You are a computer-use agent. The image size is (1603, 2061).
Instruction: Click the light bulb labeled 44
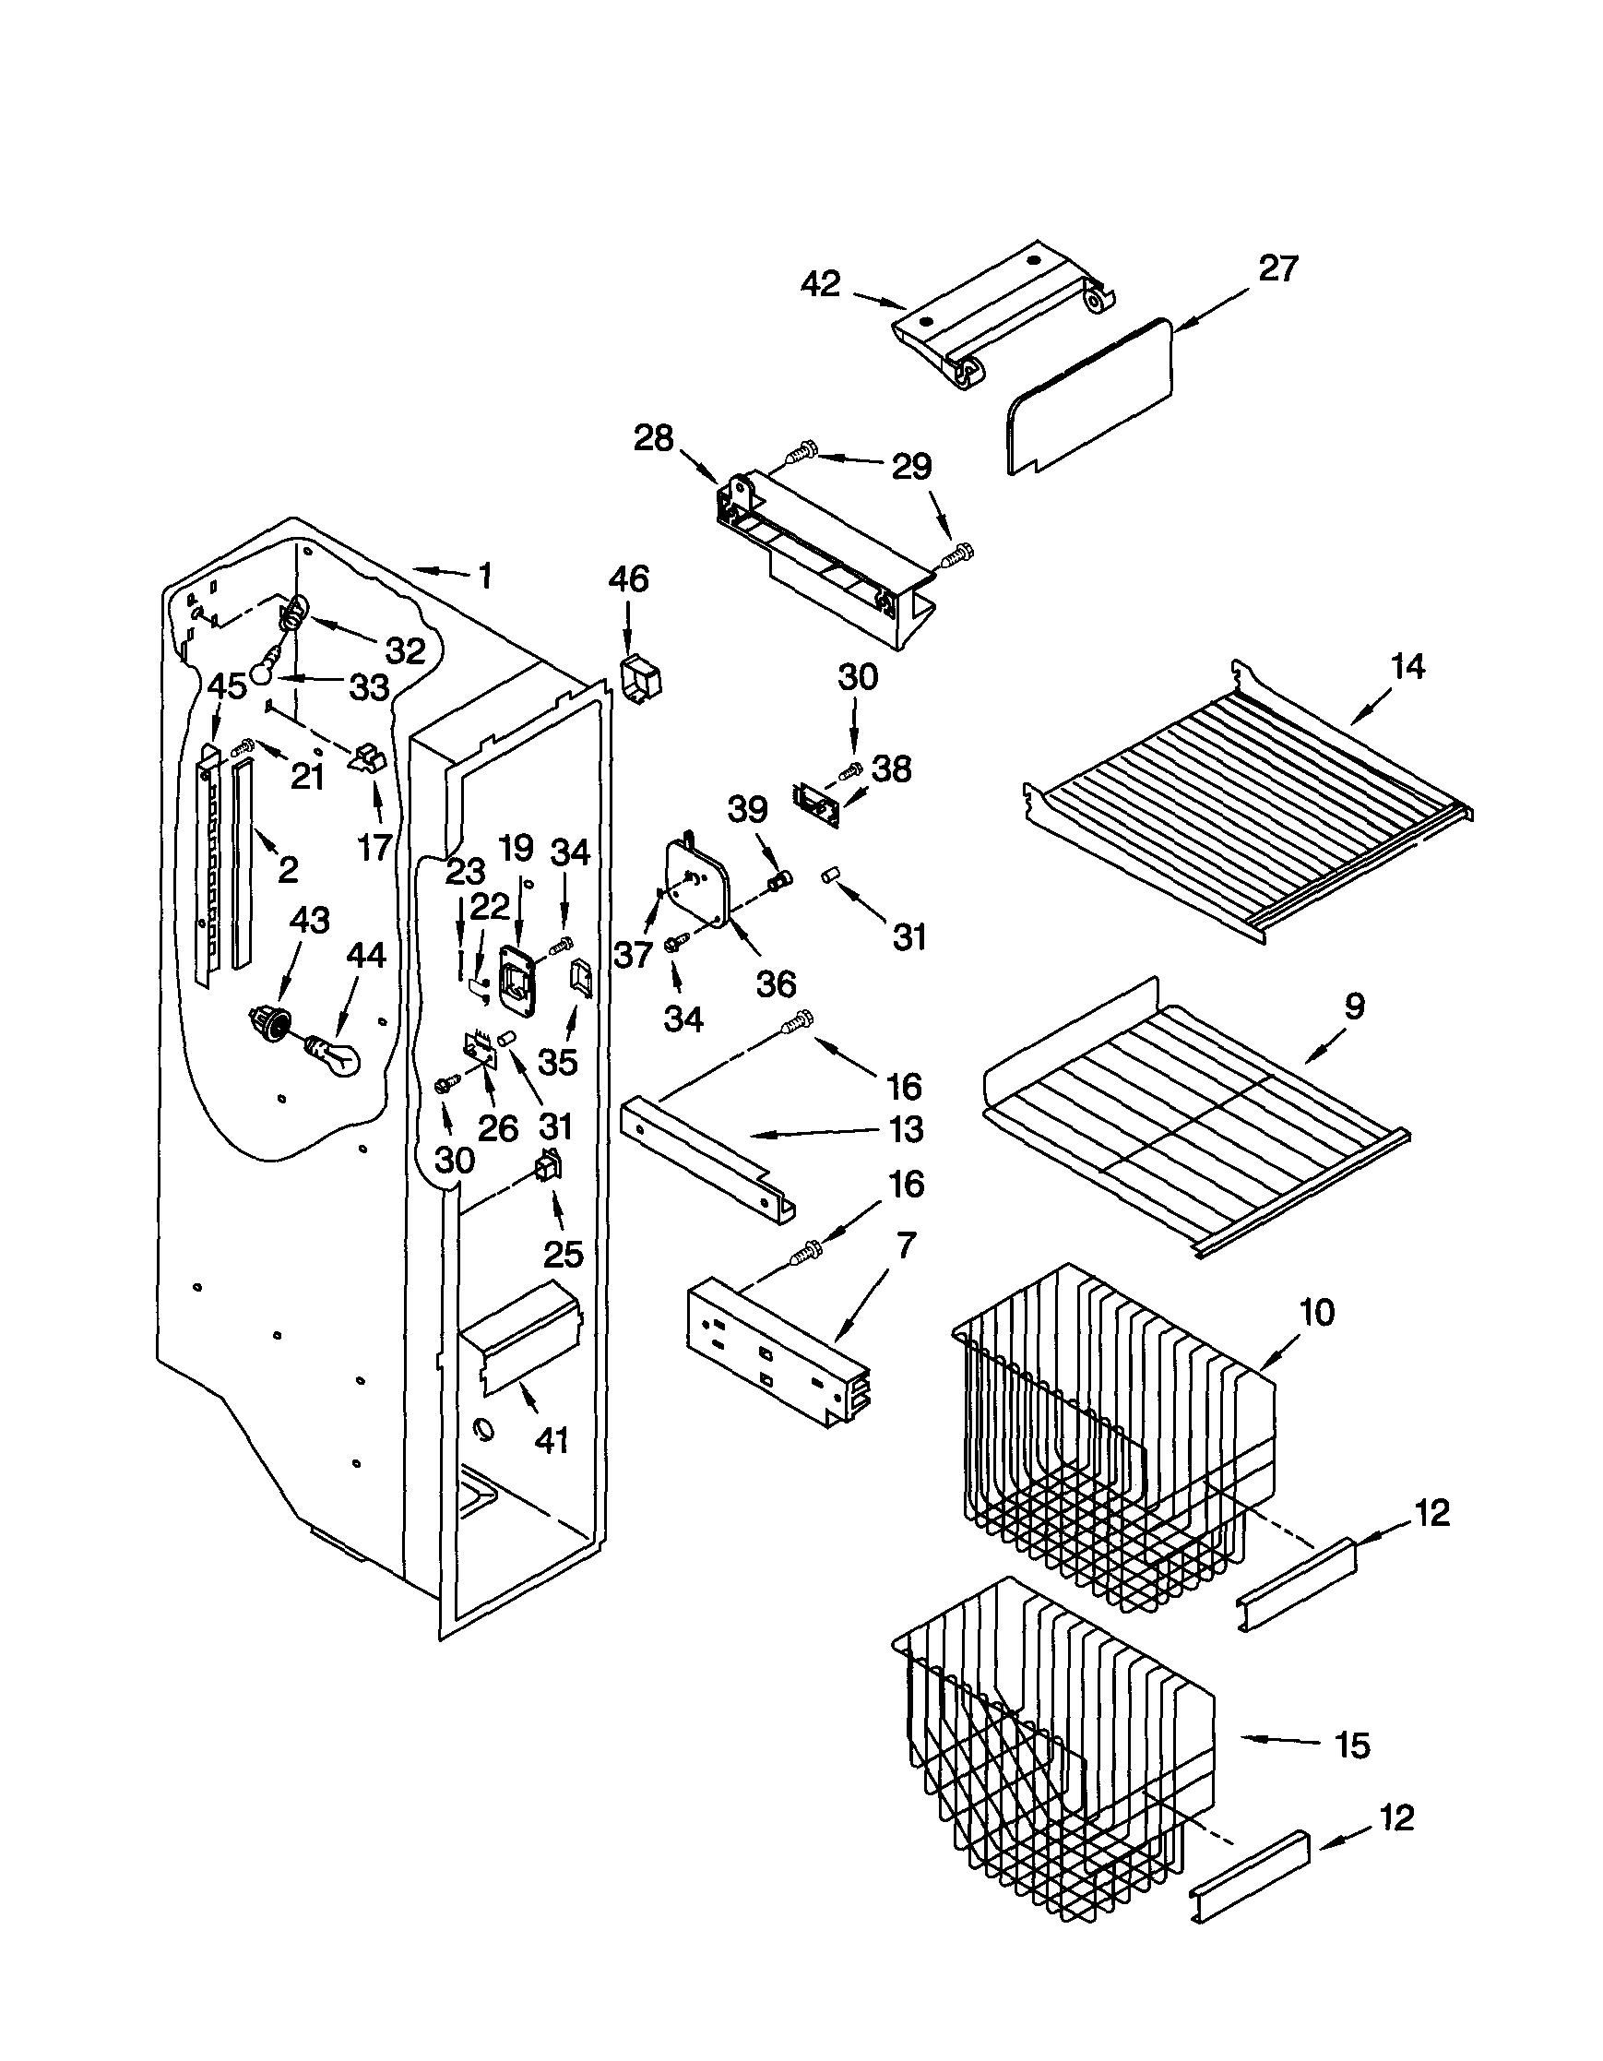[x=336, y=1054]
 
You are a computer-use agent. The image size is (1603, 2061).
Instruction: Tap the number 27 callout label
[x=1277, y=269]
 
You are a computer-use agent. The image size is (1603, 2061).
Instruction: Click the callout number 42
[x=821, y=284]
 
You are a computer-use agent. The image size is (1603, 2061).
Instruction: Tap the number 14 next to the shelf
[x=1407, y=667]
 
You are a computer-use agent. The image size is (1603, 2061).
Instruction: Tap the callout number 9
[x=1354, y=1006]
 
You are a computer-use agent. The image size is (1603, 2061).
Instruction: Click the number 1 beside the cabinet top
[x=485, y=576]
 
